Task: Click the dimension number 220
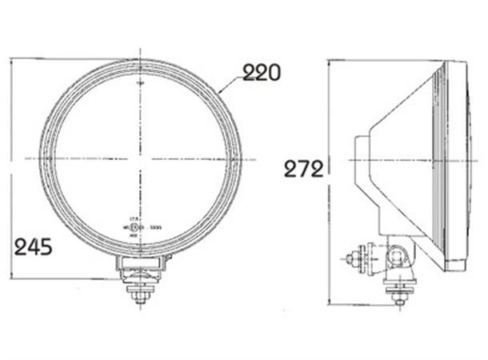pos(262,73)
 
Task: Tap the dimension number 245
pos(34,246)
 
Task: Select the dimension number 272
pos(302,169)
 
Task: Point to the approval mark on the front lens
pos(140,227)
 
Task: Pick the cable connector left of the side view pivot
pos(356,258)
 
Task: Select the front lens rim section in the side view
pos(452,160)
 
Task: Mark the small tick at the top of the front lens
pos(140,81)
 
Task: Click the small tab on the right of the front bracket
pos(169,260)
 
